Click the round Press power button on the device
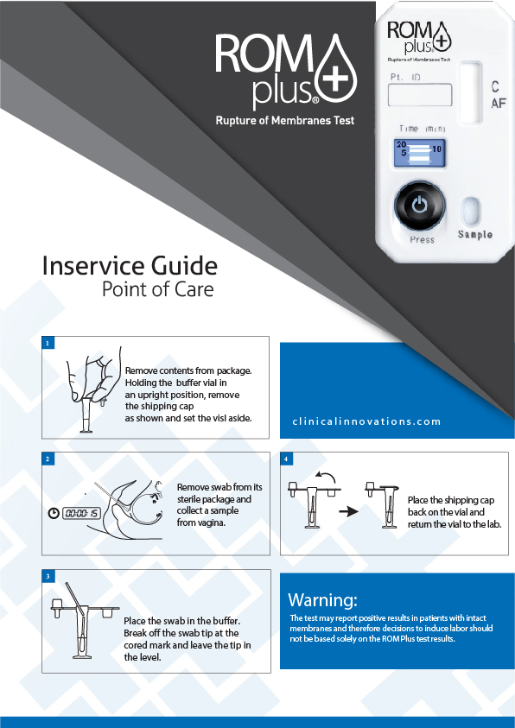419,206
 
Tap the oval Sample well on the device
471,211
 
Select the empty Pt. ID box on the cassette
420,94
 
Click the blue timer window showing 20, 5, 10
420,153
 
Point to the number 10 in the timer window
436,149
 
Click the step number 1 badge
48,343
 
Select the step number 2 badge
48,459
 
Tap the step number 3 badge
48,576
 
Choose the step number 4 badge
286,459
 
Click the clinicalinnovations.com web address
366,421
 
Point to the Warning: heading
323,600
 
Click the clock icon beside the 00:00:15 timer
54,513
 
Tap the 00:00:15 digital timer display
81,513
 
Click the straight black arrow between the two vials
349,511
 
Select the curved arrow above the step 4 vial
324,478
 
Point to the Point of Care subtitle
158,289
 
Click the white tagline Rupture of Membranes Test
284,121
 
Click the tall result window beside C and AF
471,93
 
